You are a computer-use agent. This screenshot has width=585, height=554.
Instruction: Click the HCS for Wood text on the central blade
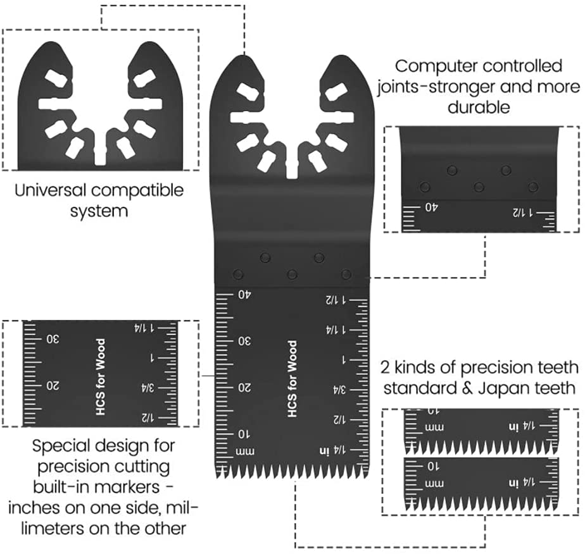292,379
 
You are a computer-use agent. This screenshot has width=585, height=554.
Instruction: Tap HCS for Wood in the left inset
101,377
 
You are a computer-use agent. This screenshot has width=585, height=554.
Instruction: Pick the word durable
479,108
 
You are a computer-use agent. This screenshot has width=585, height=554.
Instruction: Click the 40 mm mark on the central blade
244,295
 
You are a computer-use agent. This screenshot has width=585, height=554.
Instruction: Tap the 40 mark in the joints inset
431,207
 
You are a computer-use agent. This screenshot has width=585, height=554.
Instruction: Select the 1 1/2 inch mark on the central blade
336,300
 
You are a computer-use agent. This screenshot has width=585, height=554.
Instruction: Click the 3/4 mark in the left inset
148,388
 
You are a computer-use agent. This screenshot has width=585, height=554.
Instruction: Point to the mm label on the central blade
245,452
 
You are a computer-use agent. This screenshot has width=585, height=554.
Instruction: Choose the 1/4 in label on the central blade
332,450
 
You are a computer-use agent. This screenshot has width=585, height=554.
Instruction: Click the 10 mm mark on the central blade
244,434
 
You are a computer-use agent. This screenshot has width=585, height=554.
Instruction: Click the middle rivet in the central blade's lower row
292,275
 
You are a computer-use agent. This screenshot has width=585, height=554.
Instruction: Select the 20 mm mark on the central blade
244,388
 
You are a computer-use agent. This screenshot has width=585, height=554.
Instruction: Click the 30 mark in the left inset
53,340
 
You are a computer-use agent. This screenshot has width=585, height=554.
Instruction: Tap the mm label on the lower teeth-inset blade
434,484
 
